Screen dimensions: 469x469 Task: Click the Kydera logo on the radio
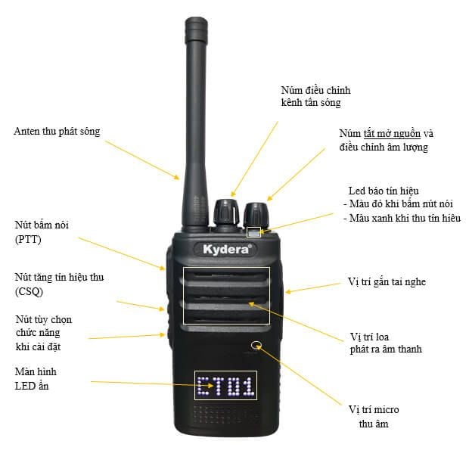point(226,249)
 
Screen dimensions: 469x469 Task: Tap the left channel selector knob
point(226,213)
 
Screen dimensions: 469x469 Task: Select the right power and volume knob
point(256,215)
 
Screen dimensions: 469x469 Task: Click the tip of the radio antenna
point(196,19)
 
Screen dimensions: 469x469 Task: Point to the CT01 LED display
point(226,385)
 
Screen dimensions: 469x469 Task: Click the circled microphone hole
point(256,345)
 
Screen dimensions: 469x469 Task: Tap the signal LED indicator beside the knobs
point(253,232)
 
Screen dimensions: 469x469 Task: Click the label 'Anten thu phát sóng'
point(57,132)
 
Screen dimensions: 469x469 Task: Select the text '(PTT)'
point(28,239)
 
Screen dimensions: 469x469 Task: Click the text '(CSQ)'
point(29,291)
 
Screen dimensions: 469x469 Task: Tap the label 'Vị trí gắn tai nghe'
point(387,281)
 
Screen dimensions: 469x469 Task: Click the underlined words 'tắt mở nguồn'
point(392,134)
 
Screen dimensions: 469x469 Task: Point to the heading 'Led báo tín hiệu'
point(384,191)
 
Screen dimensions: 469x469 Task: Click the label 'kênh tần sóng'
point(311,103)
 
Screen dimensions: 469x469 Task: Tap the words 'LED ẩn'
point(32,386)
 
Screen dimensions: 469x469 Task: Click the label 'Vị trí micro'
point(374,409)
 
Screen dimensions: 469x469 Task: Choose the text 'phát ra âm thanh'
point(386,349)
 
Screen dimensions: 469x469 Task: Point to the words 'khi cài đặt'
point(38,347)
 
